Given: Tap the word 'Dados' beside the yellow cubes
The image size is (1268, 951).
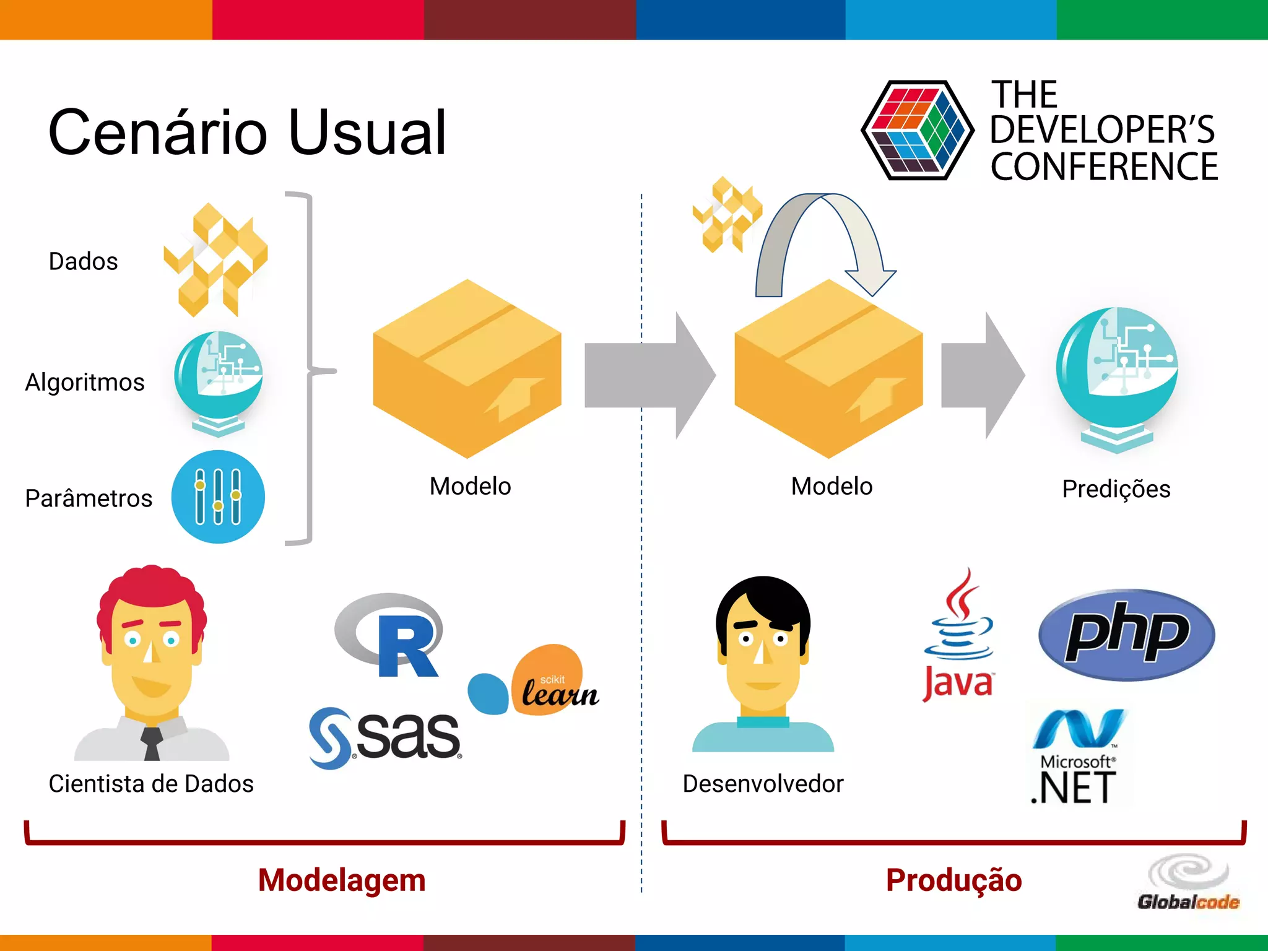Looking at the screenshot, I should tap(83, 261).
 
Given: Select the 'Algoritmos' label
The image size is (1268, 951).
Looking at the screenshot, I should tap(85, 382).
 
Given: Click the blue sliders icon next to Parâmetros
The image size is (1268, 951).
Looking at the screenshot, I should tap(218, 497).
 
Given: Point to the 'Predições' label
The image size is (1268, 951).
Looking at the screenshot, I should tap(1116, 489).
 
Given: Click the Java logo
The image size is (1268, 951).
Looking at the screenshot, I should tap(958, 638).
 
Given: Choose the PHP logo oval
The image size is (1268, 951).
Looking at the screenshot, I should tap(1126, 634).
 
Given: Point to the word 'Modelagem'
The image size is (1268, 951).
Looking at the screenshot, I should tap(342, 880).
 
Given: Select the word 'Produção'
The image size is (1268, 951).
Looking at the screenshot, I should tap(953, 880).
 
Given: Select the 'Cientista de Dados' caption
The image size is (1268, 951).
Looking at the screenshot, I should tap(151, 784).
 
